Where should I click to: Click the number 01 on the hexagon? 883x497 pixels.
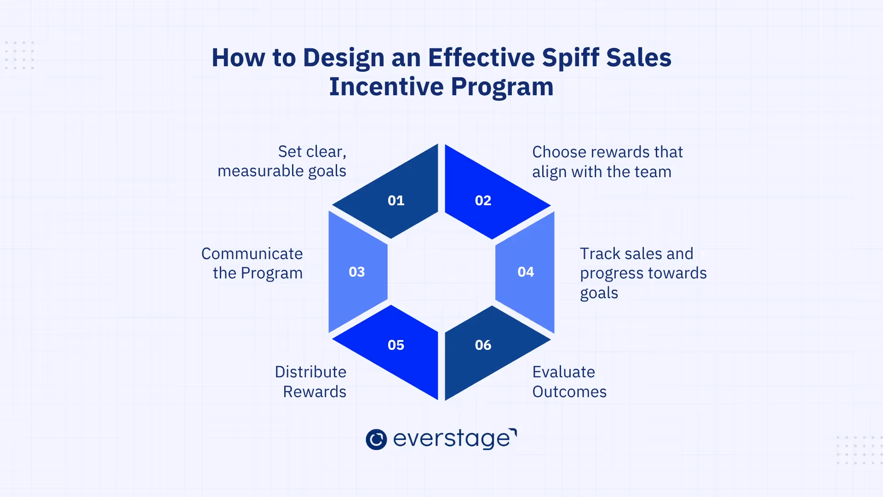point(396,201)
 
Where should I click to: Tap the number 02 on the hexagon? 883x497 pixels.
point(483,201)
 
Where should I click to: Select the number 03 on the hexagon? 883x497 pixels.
point(357,272)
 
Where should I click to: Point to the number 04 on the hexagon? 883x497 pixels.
point(526,272)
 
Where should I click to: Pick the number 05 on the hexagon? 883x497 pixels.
point(396,345)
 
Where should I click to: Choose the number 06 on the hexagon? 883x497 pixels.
point(483,345)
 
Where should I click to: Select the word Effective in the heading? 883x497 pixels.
point(482,58)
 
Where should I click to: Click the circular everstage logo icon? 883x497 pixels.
point(376,439)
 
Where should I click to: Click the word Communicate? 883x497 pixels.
point(252,254)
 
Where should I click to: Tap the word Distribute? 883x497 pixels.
point(310,372)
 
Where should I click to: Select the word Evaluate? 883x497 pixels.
point(563,372)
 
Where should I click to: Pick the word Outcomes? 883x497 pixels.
point(569,392)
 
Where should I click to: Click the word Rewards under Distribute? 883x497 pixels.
point(315,392)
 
